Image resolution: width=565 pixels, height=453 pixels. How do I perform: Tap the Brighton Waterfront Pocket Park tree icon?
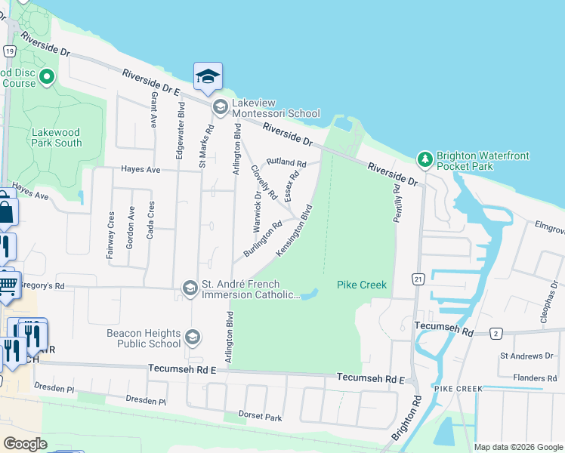[x=425, y=159]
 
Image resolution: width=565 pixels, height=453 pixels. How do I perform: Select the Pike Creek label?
[x=362, y=285]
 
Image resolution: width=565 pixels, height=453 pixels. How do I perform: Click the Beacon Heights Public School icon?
[x=192, y=337]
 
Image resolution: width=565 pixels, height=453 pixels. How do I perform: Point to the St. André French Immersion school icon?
[x=190, y=287]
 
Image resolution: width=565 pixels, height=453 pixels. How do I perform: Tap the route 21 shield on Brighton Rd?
[x=418, y=279]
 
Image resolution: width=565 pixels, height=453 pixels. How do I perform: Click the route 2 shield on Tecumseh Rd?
[x=496, y=332]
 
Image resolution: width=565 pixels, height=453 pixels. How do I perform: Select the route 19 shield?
[x=9, y=51]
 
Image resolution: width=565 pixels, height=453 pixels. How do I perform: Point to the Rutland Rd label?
[x=286, y=162]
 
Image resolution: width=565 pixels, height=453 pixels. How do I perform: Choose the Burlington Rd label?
[x=262, y=237]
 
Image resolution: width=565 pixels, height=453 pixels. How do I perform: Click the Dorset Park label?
[x=261, y=417]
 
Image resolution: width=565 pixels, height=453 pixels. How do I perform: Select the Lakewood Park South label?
[x=57, y=137]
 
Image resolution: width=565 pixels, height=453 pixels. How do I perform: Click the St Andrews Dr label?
[x=527, y=356]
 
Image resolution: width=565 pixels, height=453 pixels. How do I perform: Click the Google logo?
[x=25, y=444]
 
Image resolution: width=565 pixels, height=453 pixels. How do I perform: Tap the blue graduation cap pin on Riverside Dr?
[x=208, y=77]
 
